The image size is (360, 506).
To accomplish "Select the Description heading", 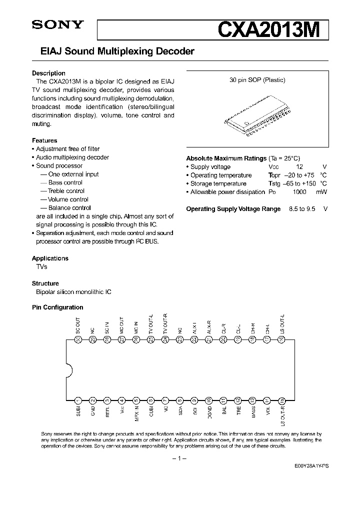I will point(48,73).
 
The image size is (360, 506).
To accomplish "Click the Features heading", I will point(44,140).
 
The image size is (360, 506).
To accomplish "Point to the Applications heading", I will point(50,258).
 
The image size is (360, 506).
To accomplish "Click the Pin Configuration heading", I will point(57,307).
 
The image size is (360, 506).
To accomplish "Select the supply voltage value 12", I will point(299,167).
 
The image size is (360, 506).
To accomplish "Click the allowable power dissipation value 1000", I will point(299,192).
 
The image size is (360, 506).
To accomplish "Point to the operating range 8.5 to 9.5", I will point(302,209).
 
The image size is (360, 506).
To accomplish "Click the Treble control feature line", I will point(66,191).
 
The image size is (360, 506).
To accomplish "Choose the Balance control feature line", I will point(69,208).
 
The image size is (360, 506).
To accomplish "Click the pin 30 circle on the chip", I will point(78,339).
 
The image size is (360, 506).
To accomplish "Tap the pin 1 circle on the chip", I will point(78,400).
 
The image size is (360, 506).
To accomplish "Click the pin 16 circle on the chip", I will point(282,339).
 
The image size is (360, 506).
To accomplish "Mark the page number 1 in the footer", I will point(179,458).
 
